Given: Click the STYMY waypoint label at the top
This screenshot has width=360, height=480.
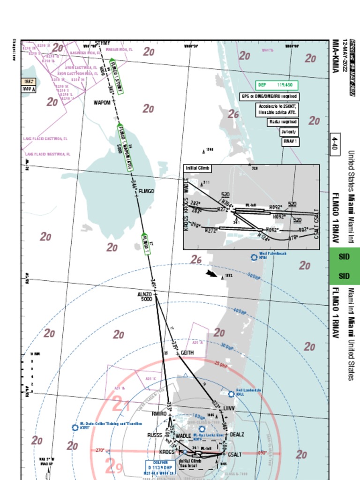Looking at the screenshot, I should [102, 44].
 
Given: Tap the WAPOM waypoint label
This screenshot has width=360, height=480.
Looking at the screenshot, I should [102, 103].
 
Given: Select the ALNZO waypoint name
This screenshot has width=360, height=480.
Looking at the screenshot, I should [145, 294].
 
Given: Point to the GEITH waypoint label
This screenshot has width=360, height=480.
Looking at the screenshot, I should [187, 352].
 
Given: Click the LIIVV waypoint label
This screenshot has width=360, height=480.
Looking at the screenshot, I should [228, 409].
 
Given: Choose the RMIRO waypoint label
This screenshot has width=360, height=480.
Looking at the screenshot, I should [159, 414].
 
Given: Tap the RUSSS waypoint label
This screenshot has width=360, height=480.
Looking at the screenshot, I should [155, 435].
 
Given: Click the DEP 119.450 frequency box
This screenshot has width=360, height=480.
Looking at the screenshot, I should [277, 85].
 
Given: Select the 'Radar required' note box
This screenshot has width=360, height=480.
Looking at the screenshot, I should [283, 122].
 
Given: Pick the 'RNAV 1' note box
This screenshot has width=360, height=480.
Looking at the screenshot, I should [290, 141].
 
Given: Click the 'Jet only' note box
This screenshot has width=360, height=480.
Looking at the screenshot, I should [288, 132].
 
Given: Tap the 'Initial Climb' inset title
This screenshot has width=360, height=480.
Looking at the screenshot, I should [197, 168].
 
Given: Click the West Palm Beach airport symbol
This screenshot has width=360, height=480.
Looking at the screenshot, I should [254, 257].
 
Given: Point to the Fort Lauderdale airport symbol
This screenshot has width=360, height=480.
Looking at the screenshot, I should [231, 394].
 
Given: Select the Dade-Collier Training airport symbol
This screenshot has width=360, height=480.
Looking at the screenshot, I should [75, 427].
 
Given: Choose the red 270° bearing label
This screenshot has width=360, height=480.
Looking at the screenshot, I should [100, 450].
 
